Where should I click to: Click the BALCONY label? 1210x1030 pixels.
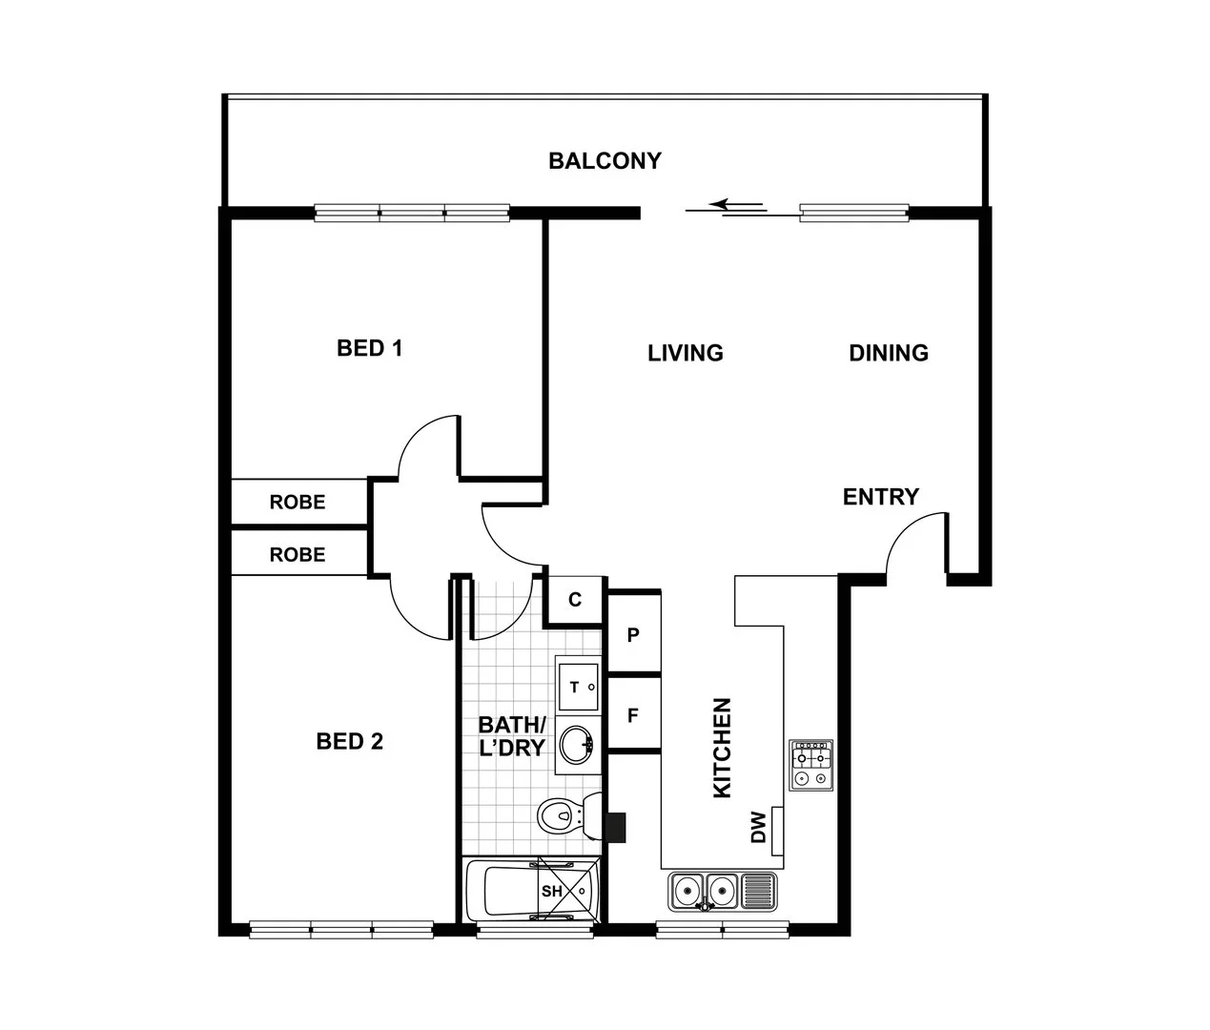pos(605,160)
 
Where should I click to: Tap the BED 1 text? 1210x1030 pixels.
pos(369,348)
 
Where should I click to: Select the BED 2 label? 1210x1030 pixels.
pos(350,741)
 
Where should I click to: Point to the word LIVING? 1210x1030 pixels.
pos(685,353)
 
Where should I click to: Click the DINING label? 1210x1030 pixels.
pos(889,353)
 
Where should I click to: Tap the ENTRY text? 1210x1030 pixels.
pos(880,497)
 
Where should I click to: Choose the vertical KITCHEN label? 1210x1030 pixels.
pos(722,747)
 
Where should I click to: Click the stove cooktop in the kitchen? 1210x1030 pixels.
pos(810,765)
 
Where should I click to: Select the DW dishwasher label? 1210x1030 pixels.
pos(758,827)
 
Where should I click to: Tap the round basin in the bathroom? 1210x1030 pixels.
pos(577,744)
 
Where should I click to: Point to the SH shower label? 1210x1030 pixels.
pos(551,891)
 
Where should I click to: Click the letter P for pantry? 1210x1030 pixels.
pos(633,635)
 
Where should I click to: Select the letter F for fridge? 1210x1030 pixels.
pos(633,715)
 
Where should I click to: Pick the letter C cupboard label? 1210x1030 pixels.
pos(575,600)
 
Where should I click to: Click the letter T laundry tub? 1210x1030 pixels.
pos(574,688)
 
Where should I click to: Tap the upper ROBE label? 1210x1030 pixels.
pos(297,503)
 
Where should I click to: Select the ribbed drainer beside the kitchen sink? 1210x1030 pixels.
pos(759,892)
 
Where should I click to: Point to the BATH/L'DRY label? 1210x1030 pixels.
pos(512,736)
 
